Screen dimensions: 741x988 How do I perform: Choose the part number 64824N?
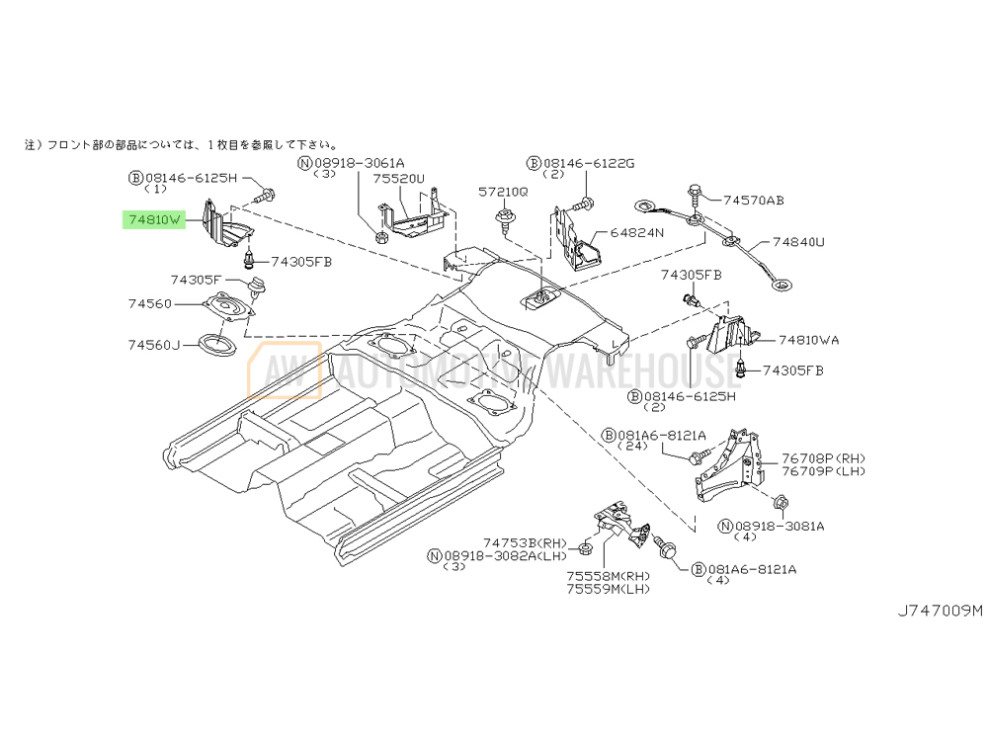(x=637, y=233)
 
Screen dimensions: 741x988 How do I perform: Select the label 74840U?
(x=799, y=241)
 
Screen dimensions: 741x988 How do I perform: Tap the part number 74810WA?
(x=808, y=340)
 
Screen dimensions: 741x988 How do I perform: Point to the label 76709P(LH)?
(x=823, y=471)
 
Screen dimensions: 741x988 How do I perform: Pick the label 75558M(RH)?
(x=609, y=577)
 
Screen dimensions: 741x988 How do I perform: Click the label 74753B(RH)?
(x=526, y=542)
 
